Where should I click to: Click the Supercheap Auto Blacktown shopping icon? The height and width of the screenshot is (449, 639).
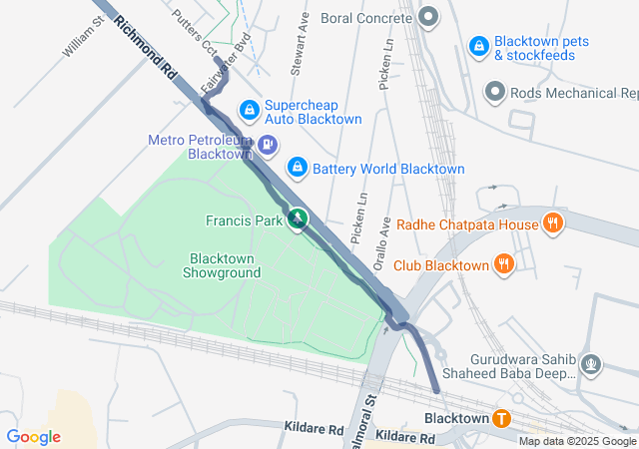[249, 109]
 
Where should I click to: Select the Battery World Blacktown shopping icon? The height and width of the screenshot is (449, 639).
[297, 167]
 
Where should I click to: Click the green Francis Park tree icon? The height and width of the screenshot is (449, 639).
[297, 219]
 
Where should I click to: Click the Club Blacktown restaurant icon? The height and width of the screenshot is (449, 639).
[505, 264]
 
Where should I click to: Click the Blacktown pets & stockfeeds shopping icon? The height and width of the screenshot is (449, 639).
[479, 46]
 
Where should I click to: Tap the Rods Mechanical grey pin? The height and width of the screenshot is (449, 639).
[494, 93]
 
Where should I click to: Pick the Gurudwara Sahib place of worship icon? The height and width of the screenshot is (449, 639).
[591, 363]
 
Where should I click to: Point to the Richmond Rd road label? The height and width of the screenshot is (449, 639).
[145, 48]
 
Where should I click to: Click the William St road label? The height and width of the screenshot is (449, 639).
[83, 37]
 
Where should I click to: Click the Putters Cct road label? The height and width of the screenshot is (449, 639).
[195, 31]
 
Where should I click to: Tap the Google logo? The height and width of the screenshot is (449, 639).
[34, 437]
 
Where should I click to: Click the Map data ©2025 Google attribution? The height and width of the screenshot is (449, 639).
[577, 441]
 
